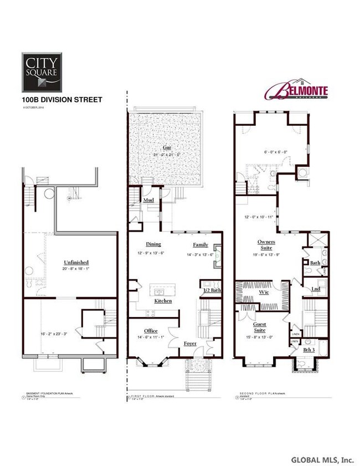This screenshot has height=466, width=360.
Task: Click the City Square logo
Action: point(42,71)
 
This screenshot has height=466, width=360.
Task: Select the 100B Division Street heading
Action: point(61,100)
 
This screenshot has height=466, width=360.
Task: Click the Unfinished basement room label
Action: point(77,262)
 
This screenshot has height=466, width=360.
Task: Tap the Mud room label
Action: point(148,199)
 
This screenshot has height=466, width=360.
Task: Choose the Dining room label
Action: point(153,244)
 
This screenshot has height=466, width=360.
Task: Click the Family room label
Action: point(200,244)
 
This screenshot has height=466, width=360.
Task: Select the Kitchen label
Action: point(163,301)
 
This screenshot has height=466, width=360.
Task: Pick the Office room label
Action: point(151,331)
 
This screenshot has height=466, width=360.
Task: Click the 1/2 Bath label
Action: point(210,290)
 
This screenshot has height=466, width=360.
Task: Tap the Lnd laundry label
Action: point(316,289)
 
